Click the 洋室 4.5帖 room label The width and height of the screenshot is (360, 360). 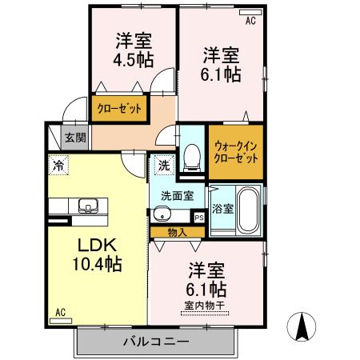[134, 50]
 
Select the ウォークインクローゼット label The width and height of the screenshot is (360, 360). [235, 151]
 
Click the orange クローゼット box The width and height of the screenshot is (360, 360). [118, 108]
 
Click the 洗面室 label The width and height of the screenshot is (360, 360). [177, 195]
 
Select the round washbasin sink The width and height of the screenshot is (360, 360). [162, 214]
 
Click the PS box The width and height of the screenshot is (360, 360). [199, 216]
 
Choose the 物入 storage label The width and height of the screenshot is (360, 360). [178, 233]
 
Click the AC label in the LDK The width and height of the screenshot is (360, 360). [60, 313]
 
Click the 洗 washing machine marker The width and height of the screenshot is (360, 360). [163, 166]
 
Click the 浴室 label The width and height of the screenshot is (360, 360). [222, 210]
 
